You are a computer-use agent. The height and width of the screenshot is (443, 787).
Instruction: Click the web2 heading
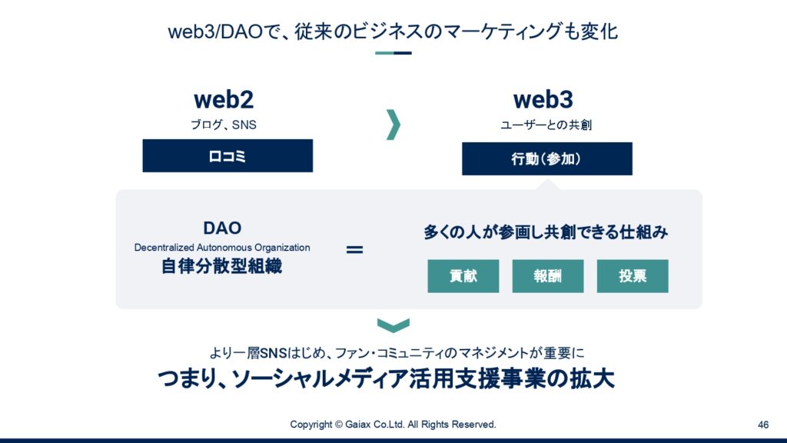[224, 99]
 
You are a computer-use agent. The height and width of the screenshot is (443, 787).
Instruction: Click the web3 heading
[543, 99]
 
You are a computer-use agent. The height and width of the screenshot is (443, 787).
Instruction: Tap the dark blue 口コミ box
[227, 155]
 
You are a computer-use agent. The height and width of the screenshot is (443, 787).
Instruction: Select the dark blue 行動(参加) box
[547, 158]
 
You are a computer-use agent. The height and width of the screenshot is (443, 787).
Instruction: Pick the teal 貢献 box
[463, 276]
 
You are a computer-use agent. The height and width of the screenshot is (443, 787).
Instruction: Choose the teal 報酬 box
[547, 276]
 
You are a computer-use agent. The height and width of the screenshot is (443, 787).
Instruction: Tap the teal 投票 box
[633, 276]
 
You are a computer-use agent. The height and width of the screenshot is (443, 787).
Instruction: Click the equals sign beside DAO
[354, 249]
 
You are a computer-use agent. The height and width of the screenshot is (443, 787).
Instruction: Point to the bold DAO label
[222, 228]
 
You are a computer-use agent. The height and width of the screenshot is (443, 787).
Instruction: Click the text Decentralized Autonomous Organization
[222, 248]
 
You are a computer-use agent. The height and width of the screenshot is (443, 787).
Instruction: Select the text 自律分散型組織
[221, 266]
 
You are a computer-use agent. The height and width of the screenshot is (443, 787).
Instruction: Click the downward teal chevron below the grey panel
[393, 325]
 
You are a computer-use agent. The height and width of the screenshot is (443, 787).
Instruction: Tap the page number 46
[763, 425]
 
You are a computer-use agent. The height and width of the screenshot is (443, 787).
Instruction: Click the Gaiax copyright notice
[393, 425]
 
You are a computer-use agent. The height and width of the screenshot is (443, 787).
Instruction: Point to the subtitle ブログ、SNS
[224, 125]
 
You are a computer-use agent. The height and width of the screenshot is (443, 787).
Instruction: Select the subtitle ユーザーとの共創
[546, 125]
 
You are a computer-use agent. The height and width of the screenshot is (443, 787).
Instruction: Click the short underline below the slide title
[393, 53]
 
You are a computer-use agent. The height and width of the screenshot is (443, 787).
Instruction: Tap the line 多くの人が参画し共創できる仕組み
[546, 232]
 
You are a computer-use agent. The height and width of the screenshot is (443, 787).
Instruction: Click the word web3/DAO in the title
[216, 32]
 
